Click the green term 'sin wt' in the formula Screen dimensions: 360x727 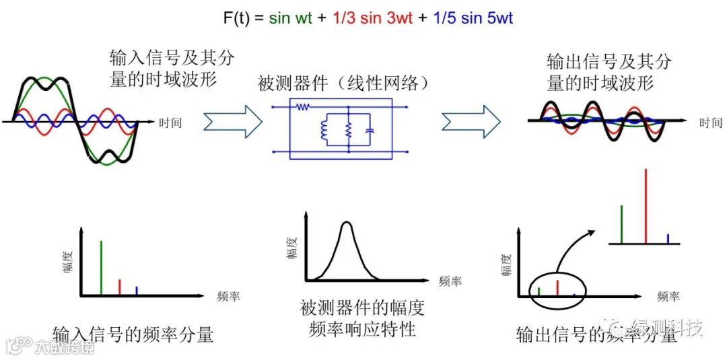click(290, 18)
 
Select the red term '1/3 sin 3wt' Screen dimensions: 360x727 click(372, 18)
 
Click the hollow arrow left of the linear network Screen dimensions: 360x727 click(232, 122)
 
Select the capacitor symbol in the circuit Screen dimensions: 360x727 click(370, 129)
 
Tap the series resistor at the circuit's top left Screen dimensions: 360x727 click(303, 106)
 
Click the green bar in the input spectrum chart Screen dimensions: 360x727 click(101, 267)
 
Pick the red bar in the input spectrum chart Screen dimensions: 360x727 click(119, 287)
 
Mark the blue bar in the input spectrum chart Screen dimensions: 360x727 click(137, 291)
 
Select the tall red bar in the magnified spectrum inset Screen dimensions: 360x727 click(646, 205)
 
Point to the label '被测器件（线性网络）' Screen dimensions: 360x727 click(343, 84)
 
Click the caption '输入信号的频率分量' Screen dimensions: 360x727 click(133, 333)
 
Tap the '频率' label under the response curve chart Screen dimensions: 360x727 click(450, 282)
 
